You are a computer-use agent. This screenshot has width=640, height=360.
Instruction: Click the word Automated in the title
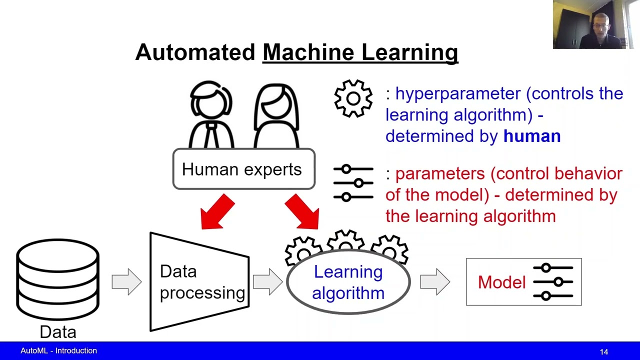coord(195,52)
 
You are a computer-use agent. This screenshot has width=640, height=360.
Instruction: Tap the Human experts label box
coord(243,169)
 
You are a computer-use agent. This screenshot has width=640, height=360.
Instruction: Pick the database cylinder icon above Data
coord(58,279)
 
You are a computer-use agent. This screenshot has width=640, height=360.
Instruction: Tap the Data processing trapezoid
coord(200,282)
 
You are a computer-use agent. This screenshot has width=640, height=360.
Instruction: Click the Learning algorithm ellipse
coord(348,282)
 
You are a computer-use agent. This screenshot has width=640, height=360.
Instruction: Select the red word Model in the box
coord(501,282)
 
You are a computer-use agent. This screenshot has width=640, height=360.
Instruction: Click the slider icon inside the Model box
coord(553,282)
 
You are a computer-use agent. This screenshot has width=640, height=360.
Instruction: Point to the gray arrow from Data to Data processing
coord(126,282)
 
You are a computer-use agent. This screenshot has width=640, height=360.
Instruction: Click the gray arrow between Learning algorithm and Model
coord(434,282)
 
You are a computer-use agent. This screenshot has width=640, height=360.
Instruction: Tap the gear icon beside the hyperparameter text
coord(353,98)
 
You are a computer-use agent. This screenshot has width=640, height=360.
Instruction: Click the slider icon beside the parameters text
coord(353,183)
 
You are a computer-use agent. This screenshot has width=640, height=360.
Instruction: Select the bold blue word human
coord(531,136)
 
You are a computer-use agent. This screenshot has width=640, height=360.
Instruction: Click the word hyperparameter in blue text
coord(458,93)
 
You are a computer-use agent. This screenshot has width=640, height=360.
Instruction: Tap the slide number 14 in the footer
coord(604,352)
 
